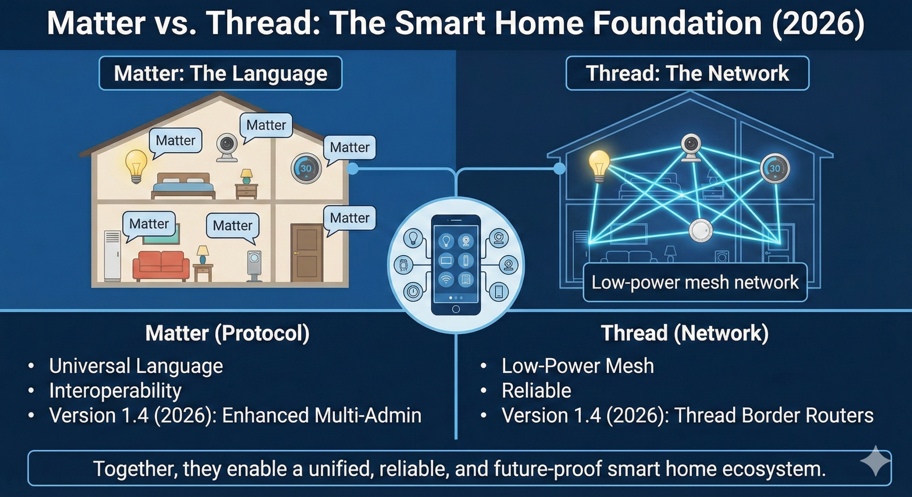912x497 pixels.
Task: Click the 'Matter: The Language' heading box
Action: (x=221, y=73)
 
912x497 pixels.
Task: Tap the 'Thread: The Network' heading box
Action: (x=688, y=73)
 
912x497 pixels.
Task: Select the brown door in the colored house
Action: (x=307, y=253)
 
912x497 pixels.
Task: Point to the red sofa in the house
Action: (x=161, y=265)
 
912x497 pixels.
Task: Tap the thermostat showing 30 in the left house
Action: (x=306, y=168)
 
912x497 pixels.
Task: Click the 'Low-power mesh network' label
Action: (x=695, y=282)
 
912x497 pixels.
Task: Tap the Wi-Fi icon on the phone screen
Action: (x=446, y=279)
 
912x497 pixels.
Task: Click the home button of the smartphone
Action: (x=456, y=309)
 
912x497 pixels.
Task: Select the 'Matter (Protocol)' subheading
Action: (x=227, y=333)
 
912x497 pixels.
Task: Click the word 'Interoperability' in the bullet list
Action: (x=115, y=391)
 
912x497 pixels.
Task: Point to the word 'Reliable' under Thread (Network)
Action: (x=537, y=391)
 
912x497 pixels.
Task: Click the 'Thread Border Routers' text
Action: (x=774, y=415)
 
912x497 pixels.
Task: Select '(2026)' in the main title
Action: (x=818, y=23)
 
